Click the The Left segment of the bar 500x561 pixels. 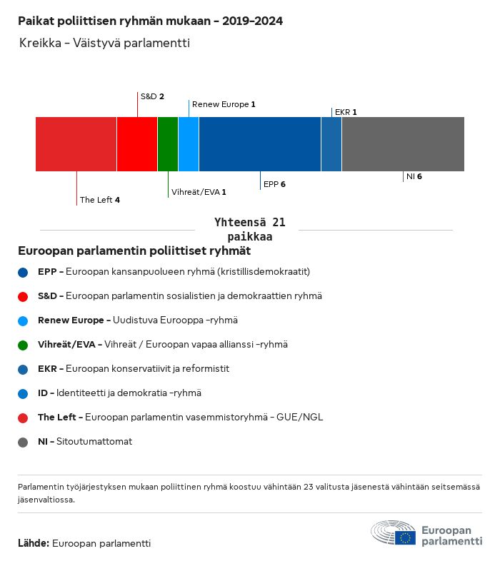pyautogui.click(x=76, y=144)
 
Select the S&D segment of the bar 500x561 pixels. pyautogui.click(x=137, y=144)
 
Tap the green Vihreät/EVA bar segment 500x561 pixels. pyautogui.click(x=168, y=144)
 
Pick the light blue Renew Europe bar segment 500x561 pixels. pyautogui.click(x=189, y=144)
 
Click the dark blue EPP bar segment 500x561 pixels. pyautogui.click(x=260, y=144)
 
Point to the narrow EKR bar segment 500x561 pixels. pyautogui.click(x=331, y=144)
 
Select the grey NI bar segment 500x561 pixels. pyautogui.click(x=403, y=144)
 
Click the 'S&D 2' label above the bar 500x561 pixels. pyautogui.click(x=152, y=96)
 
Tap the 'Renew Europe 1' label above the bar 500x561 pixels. pyautogui.click(x=224, y=104)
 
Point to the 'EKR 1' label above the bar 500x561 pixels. pyautogui.click(x=345, y=112)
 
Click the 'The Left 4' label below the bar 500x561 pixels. pyautogui.click(x=100, y=200)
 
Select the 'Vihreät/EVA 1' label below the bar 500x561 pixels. pyautogui.click(x=199, y=192)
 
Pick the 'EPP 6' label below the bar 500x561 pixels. pyautogui.click(x=274, y=184)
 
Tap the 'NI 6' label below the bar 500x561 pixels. pyautogui.click(x=414, y=176)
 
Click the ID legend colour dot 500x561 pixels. pyautogui.click(x=24, y=393)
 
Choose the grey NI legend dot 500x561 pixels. pyautogui.click(x=24, y=442)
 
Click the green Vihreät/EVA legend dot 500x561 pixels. pyautogui.click(x=24, y=345)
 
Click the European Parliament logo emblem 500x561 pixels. pyautogui.click(x=393, y=533)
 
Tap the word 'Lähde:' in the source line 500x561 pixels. pyautogui.click(x=34, y=543)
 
